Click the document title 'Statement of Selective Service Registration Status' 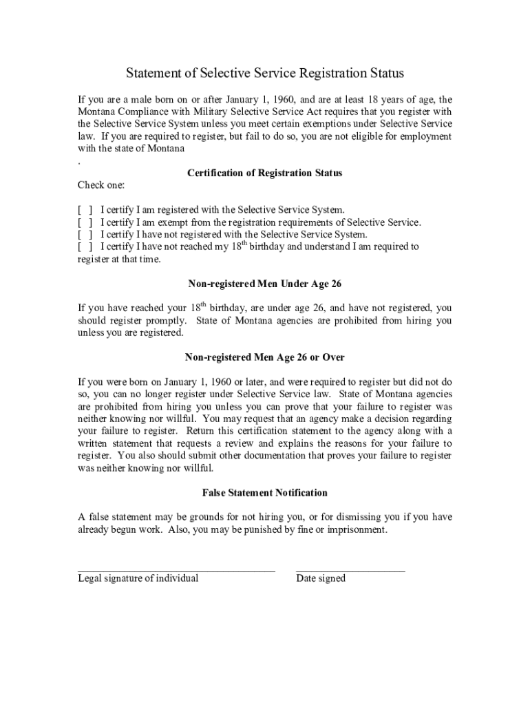(x=265, y=73)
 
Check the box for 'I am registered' (x=85, y=210)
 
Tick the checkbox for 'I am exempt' (x=85, y=222)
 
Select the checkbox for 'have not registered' (x=85, y=235)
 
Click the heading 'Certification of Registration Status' (x=264, y=173)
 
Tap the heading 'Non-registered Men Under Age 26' (x=265, y=284)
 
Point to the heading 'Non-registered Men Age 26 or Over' (x=265, y=357)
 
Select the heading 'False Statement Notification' (x=265, y=493)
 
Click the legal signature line (x=176, y=570)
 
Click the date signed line (x=350, y=570)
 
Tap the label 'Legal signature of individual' (x=138, y=578)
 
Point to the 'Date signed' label (x=321, y=578)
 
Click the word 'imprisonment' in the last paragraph (x=359, y=530)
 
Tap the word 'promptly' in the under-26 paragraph (x=166, y=321)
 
